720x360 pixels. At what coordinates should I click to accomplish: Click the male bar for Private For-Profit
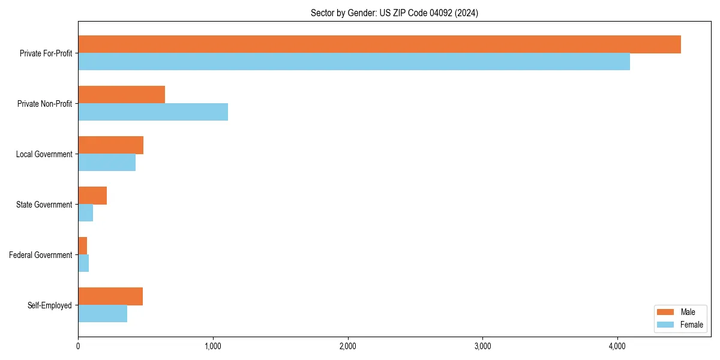click(x=379, y=44)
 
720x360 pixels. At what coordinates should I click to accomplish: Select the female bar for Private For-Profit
click(x=354, y=61)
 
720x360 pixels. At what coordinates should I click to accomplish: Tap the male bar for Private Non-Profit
click(x=121, y=95)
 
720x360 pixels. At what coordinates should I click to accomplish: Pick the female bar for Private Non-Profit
click(x=153, y=112)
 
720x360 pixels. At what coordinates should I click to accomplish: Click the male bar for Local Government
click(x=110, y=145)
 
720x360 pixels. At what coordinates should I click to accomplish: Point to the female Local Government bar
click(x=107, y=162)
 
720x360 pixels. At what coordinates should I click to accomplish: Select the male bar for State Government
click(x=92, y=196)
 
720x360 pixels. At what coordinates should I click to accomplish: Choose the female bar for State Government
click(x=85, y=212)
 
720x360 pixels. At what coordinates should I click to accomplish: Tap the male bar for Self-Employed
click(x=110, y=296)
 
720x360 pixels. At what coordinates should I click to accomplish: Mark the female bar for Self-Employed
click(x=103, y=313)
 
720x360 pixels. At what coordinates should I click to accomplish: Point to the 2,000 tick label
click(x=348, y=346)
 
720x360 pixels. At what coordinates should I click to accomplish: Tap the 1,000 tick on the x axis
click(x=213, y=346)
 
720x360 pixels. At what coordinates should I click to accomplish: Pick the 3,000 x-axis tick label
click(x=482, y=346)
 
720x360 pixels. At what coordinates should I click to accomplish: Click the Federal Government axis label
click(x=41, y=255)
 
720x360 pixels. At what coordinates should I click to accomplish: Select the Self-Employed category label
click(x=50, y=305)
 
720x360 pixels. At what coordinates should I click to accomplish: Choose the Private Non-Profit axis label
click(x=44, y=104)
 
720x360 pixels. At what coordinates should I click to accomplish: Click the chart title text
click(x=394, y=13)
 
